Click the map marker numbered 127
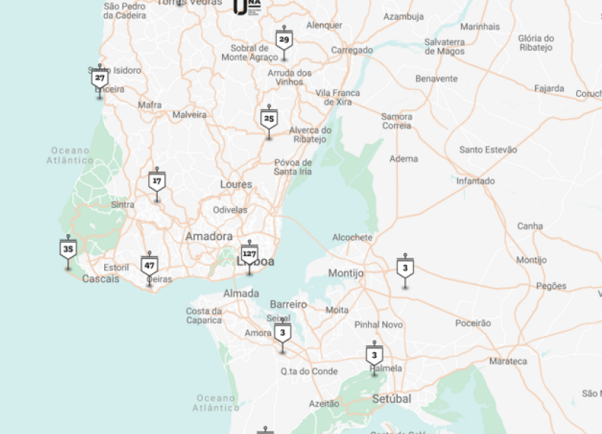[x=249, y=253]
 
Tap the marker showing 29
[x=284, y=40]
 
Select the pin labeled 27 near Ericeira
[x=100, y=77]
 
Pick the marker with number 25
[x=269, y=118]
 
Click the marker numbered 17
[x=156, y=181]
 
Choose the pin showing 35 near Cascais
[x=69, y=249]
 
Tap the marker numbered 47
[x=150, y=265]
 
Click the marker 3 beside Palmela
[x=374, y=355]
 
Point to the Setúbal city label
[x=391, y=399]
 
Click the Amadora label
[x=209, y=236]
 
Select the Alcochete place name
[x=352, y=238]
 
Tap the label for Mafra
[x=150, y=105]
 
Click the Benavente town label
[x=436, y=78]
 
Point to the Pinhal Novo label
[x=378, y=325]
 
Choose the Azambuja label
[x=404, y=16]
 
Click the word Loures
[x=236, y=185]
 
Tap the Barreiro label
[x=288, y=304]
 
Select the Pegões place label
[x=551, y=286]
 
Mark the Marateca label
[x=508, y=361]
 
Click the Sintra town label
[x=122, y=204]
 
